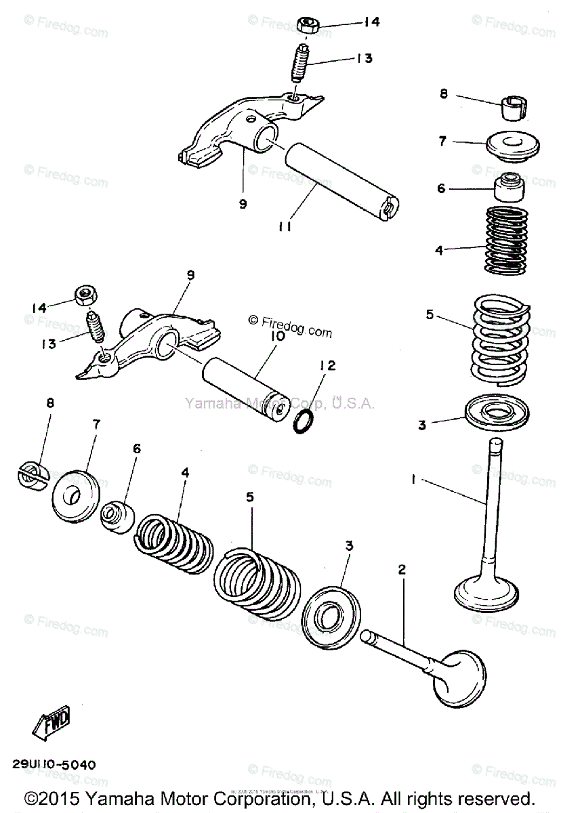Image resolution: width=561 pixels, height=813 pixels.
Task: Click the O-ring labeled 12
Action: pos(303,422)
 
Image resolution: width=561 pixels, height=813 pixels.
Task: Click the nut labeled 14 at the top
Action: pos(310,26)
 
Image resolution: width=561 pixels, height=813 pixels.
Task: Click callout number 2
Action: pos(401,570)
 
